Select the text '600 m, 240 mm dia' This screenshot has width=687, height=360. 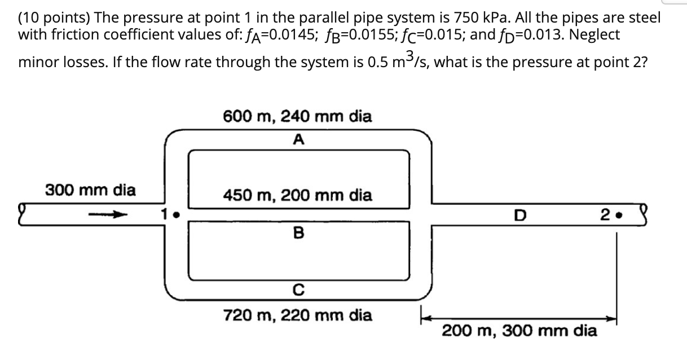tap(297, 117)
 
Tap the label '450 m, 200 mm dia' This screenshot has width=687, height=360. tap(297, 196)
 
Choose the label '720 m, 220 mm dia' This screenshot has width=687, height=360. tap(297, 315)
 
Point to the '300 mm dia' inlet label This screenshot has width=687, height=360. tap(90, 190)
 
